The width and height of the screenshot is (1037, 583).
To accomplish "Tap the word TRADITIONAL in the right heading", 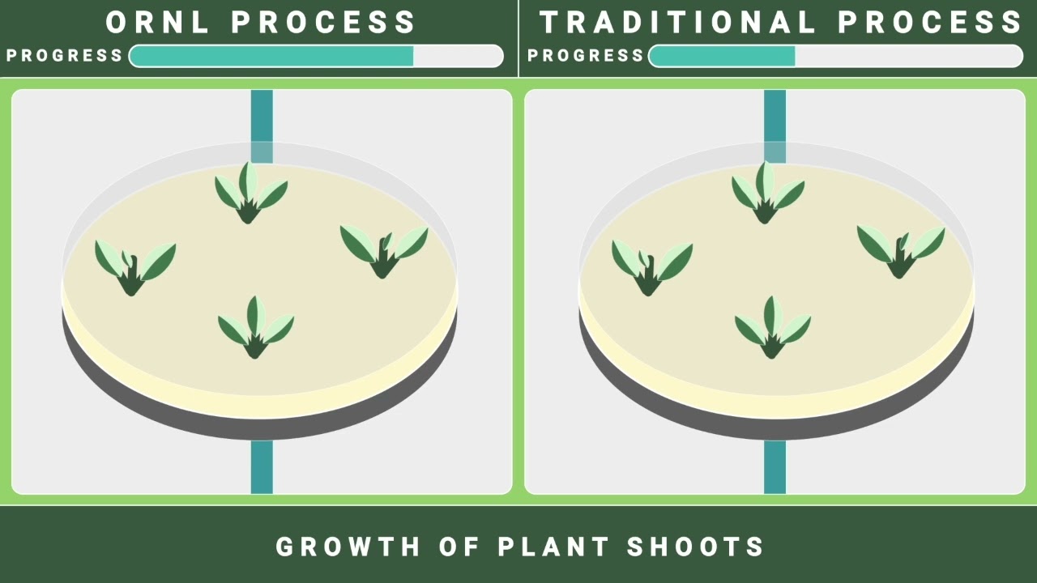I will tap(677, 23).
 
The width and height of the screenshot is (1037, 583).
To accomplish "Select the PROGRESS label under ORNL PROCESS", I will tap(65, 56).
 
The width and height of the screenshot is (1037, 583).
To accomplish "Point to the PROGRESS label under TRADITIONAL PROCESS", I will tap(586, 56).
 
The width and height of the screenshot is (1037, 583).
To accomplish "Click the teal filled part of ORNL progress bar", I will tap(271, 56).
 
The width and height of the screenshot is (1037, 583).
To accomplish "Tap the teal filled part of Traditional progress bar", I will tap(722, 56).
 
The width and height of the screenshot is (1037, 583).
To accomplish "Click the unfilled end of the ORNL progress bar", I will tap(458, 56).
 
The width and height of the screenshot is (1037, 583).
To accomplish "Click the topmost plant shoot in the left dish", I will tap(250, 194).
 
